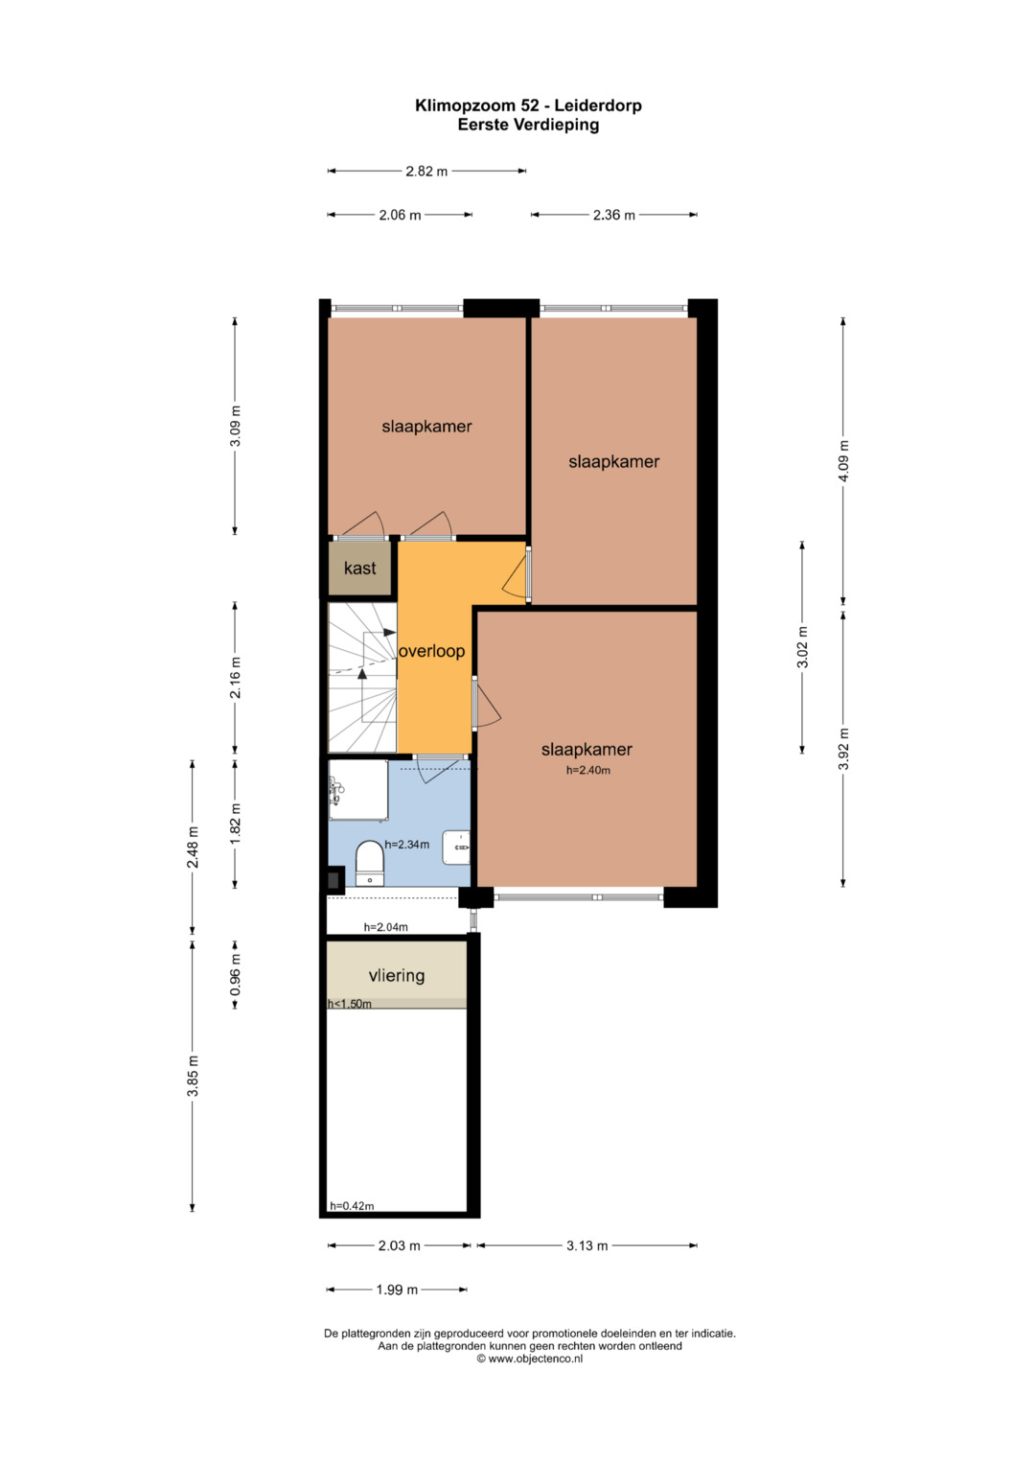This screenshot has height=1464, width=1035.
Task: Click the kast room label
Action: (359, 568)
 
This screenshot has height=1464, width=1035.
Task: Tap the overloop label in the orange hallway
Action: (431, 651)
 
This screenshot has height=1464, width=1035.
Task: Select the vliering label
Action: (397, 976)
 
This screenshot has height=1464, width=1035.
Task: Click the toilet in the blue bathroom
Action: (370, 864)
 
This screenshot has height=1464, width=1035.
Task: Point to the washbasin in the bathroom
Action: (456, 848)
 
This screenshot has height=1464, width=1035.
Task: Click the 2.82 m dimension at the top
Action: (426, 172)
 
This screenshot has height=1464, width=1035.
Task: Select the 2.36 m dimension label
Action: (613, 215)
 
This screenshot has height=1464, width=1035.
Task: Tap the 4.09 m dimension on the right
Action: (843, 461)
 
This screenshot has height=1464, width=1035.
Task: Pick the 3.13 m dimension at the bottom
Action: (586, 1245)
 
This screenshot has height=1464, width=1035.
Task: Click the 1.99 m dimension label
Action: (397, 1290)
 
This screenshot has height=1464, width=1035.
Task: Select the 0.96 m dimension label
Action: (235, 974)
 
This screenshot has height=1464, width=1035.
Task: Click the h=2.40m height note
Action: (588, 771)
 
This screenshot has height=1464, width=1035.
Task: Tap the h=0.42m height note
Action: (352, 1206)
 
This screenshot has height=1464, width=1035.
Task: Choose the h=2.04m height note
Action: (385, 927)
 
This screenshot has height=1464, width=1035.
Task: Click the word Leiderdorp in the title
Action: (599, 105)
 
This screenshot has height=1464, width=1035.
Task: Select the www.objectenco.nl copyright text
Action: (529, 1359)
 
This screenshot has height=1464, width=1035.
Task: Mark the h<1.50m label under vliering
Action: (350, 1004)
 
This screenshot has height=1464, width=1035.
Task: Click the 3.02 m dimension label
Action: (802, 647)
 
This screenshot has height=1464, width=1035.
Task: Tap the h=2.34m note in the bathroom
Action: (406, 845)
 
